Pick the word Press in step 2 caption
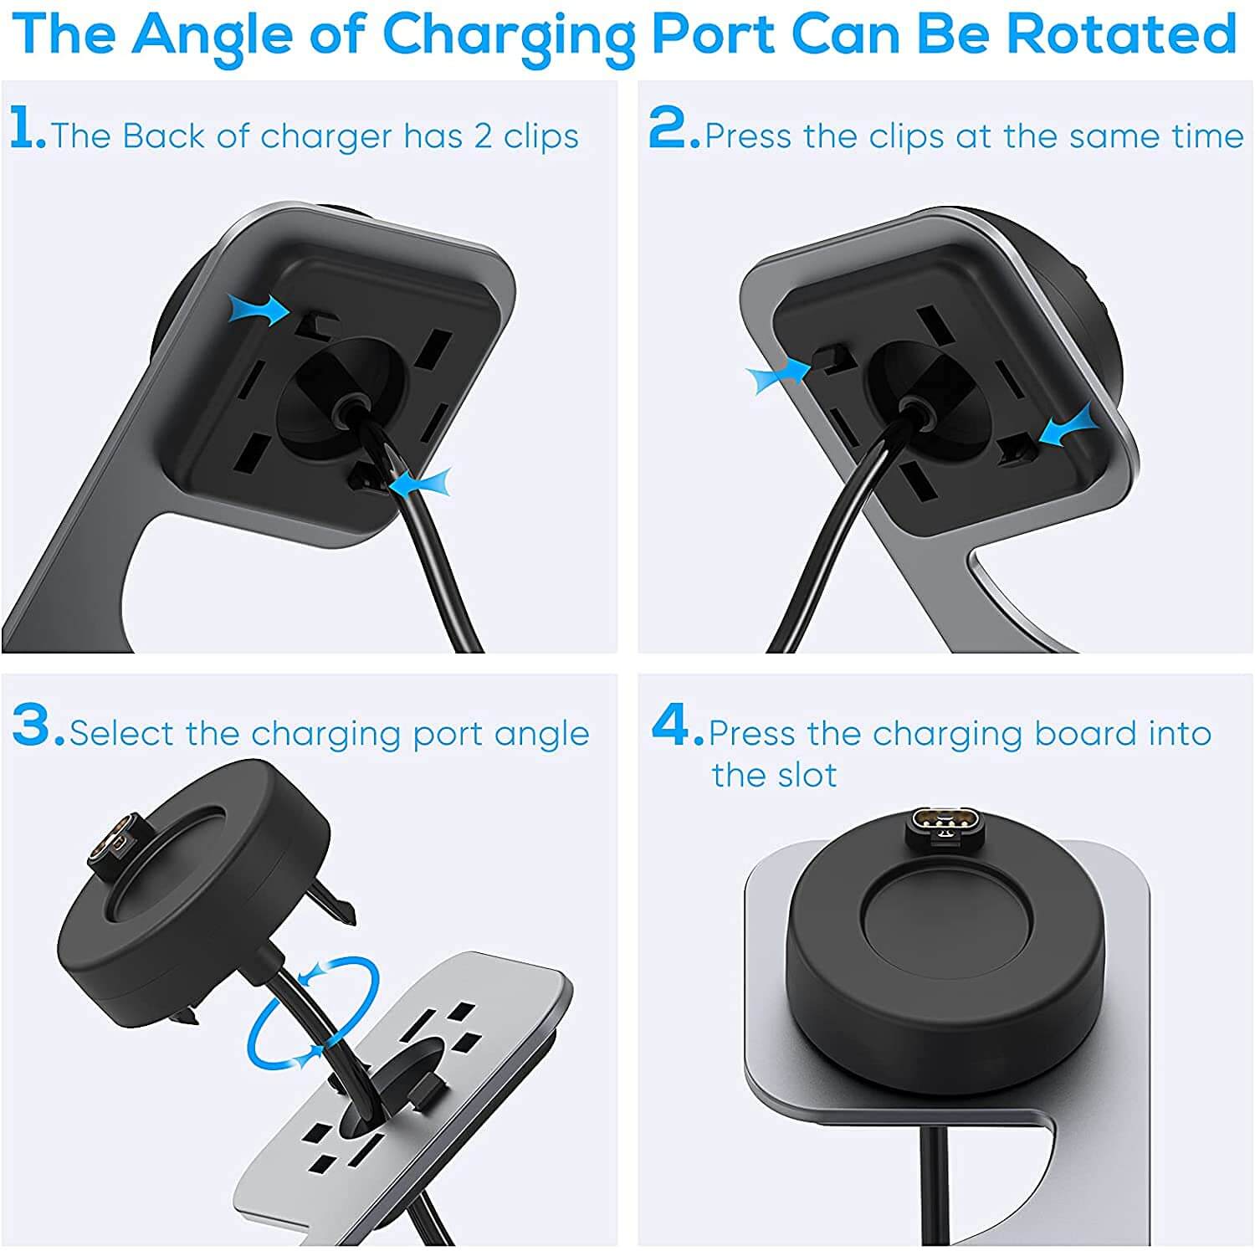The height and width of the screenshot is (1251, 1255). (x=747, y=136)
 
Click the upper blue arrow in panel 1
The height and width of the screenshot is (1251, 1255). (x=262, y=310)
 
